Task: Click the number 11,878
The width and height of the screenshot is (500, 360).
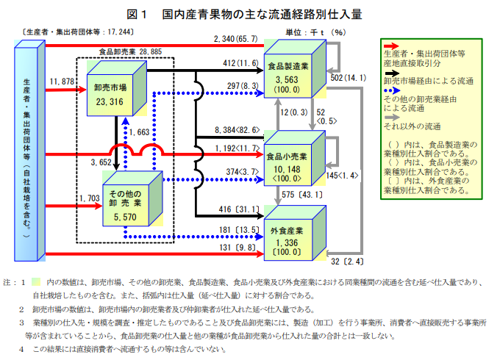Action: click(64, 80)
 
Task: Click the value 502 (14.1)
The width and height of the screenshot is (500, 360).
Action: click(347, 78)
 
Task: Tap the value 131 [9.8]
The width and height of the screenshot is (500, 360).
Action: click(238, 248)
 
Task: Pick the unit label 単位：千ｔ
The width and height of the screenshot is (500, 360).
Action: click(304, 32)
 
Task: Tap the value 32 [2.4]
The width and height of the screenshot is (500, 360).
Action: click(348, 261)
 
